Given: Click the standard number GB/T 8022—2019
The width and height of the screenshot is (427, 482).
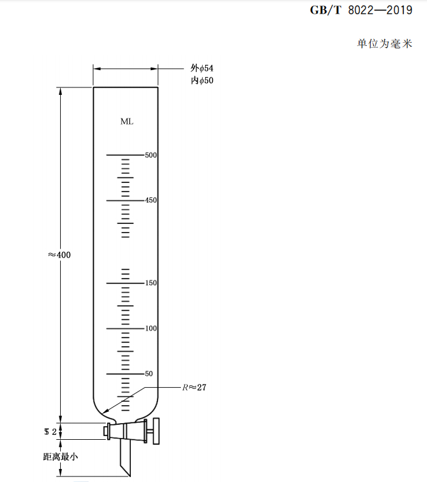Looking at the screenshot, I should click(360, 11).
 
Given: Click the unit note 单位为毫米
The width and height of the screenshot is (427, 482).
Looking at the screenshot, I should click(384, 44).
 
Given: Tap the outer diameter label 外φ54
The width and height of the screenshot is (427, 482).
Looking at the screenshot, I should click(202, 69).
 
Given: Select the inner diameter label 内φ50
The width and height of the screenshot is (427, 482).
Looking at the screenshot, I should click(202, 81).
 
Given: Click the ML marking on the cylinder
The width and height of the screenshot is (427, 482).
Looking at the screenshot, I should click(126, 122).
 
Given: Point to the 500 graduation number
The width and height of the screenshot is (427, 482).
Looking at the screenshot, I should click(151, 155).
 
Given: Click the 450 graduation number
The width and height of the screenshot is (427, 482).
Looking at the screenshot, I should click(151, 200).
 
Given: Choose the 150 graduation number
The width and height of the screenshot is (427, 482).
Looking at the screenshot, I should click(151, 283).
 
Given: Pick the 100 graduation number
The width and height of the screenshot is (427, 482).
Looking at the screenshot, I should click(151, 328).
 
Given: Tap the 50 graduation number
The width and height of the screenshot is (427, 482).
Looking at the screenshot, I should click(149, 373).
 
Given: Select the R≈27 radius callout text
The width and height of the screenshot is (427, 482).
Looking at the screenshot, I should click(194, 388).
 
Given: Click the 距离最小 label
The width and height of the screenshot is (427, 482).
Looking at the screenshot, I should click(60, 457).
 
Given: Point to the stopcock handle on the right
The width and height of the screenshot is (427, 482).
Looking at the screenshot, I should click(156, 431).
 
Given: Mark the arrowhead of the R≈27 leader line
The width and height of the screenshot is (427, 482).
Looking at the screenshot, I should click(105, 411).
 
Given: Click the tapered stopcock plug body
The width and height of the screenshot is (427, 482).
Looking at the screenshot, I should click(127, 431).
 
